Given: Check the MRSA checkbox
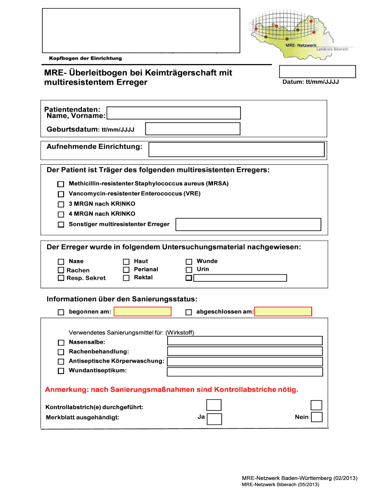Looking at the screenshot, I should click(61, 184).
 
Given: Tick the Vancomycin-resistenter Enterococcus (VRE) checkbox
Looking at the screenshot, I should click(61, 194).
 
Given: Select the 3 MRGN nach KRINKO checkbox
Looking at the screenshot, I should click(61, 205).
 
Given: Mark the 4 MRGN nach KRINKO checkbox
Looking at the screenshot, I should click(61, 214).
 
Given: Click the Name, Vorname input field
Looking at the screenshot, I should click(173, 113).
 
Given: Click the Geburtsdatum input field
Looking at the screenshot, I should click(193, 129).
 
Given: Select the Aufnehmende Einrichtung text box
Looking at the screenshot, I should click(237, 149).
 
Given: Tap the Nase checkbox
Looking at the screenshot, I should click(61, 261).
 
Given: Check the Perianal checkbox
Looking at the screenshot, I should click(126, 270).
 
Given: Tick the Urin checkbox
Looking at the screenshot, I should click(189, 270).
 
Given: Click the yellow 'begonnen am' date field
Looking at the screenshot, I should click(143, 311).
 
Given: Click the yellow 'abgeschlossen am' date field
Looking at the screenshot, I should click(283, 311).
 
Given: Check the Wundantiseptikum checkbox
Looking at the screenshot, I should click(61, 371).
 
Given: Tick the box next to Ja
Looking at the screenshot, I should click(215, 419).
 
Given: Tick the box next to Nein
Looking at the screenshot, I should click(317, 417).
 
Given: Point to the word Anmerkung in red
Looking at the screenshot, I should click(65, 389).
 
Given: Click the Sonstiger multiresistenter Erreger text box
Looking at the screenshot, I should click(249, 224).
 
